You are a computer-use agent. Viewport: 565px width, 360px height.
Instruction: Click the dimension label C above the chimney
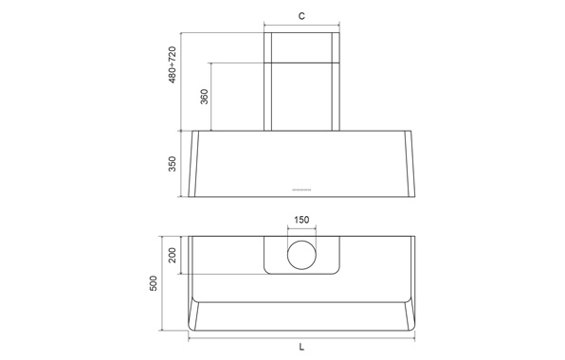coord(301,16)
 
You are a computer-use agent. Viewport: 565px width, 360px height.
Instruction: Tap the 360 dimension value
coord(204,97)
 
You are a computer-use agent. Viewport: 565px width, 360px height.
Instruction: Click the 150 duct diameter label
coord(301,221)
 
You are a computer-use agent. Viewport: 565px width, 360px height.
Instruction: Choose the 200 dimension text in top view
coord(173,256)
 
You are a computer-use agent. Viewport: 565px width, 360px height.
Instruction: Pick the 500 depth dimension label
coord(154,284)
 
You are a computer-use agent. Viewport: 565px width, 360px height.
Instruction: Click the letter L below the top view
coord(301,348)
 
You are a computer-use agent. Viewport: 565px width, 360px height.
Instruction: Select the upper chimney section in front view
coord(301,47)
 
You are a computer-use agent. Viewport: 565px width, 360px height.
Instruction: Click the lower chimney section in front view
coord(301,96)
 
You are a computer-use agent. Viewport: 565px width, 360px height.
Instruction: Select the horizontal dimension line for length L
coord(301,339)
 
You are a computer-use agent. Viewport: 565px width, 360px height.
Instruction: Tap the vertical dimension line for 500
coord(163,284)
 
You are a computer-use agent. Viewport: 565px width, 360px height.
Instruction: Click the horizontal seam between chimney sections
coord(301,63)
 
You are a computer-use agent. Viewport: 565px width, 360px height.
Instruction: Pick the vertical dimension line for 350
coord(181,163)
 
